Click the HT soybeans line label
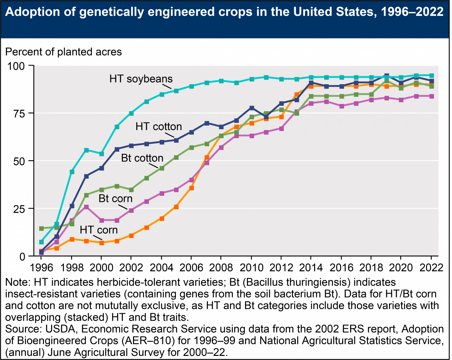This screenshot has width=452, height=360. tap(141, 79)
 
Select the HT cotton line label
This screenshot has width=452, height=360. tap(159, 127)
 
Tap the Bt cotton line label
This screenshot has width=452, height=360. tap(142, 158)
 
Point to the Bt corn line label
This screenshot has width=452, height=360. tap(115, 198)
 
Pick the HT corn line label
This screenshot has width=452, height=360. tap(99, 230)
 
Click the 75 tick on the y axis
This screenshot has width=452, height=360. tap(18, 113)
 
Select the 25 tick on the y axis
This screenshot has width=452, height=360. tap(18, 208)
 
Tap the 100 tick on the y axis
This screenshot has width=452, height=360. tap(16, 66)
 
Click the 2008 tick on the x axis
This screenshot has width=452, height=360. tap(221, 268)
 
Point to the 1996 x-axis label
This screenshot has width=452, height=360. tap(41, 268)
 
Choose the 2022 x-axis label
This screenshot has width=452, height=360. tap(431, 268)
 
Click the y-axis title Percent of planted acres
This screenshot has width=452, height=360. tap(64, 52)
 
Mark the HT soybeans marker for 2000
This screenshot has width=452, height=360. tap(102, 154)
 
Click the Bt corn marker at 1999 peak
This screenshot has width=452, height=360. tap(86, 207)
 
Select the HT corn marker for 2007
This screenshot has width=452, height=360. tap(207, 157)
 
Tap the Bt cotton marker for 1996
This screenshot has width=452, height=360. tap(41, 228)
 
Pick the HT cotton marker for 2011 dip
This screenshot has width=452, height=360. tap(266, 117)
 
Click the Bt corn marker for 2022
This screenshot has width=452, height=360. tap(431, 96)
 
